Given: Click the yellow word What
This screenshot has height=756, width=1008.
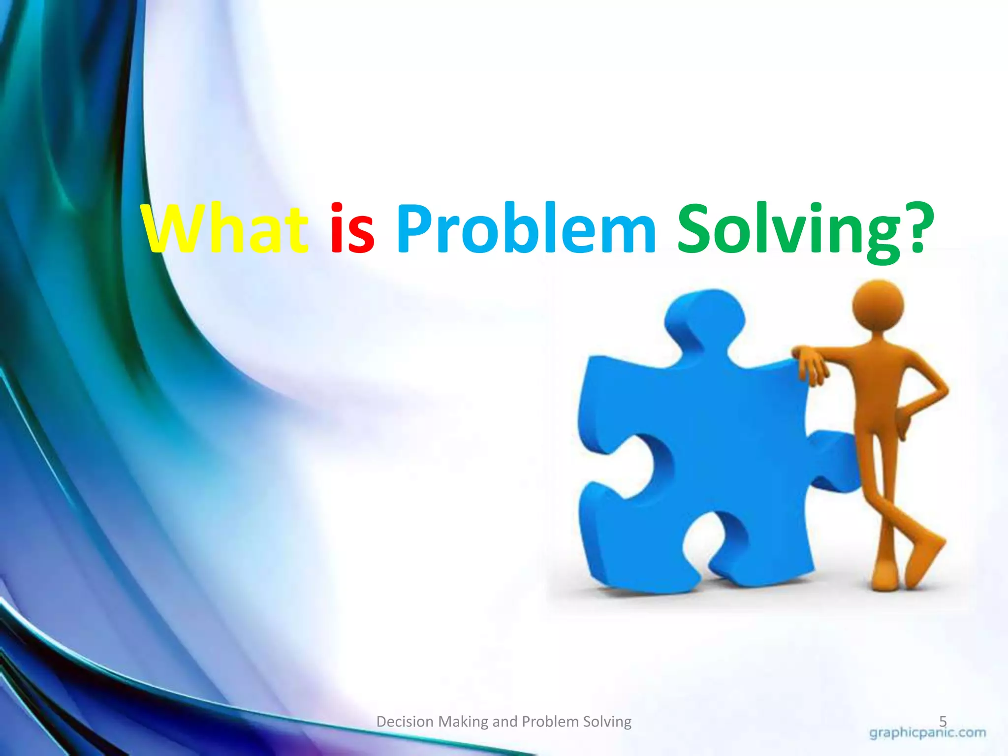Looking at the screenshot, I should click(x=225, y=229).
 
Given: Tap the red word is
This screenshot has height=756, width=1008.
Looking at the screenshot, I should click(x=352, y=229).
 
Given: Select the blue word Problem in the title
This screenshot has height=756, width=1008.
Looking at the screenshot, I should click(x=526, y=229).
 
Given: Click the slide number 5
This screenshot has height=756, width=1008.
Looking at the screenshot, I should click(x=943, y=722).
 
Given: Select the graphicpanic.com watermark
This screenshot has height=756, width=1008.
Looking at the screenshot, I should click(x=928, y=733).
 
